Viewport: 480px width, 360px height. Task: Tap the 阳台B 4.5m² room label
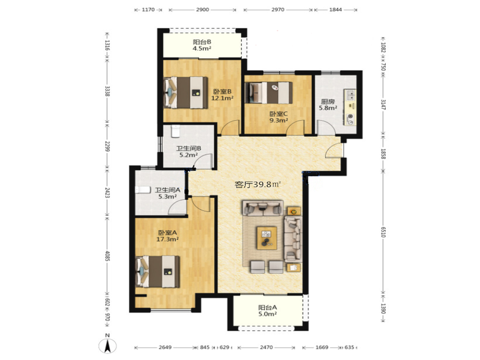[x=202, y=45]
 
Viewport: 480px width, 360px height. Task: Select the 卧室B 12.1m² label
[x=222, y=95]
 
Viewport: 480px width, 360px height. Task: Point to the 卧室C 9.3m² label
[x=278, y=117]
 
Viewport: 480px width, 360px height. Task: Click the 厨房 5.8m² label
[x=328, y=104]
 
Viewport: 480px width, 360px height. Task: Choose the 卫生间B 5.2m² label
[x=188, y=152]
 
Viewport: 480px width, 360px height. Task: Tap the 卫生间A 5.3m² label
[x=167, y=193]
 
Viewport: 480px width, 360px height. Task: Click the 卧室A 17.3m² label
[x=167, y=236]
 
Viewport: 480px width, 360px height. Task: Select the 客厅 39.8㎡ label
[x=258, y=185]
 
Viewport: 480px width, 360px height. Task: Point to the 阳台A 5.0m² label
[x=268, y=310]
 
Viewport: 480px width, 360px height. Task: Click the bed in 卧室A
[x=158, y=272]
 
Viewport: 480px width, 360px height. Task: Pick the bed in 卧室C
[x=269, y=92]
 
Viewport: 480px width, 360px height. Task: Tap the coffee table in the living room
[x=266, y=238]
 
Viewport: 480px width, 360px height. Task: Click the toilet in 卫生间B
[x=175, y=131]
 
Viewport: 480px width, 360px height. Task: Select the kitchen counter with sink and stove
[x=350, y=107]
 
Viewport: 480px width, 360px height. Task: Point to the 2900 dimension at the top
[x=202, y=10]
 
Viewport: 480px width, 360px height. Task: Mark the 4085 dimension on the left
[x=107, y=256]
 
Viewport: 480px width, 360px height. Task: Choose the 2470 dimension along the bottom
[x=266, y=347]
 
